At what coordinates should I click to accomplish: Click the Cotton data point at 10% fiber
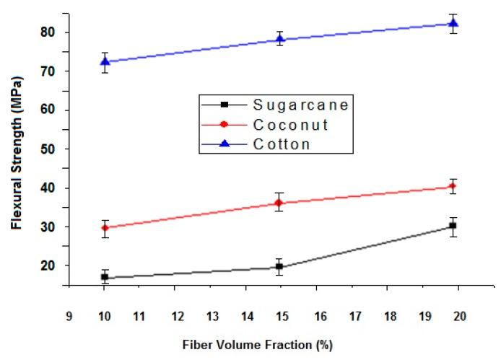click(x=105, y=62)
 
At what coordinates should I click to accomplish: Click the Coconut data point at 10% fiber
click(x=105, y=228)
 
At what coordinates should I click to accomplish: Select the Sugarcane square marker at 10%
click(x=105, y=277)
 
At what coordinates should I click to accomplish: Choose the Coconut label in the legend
click(x=291, y=125)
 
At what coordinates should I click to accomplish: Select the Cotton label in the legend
click(x=282, y=144)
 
